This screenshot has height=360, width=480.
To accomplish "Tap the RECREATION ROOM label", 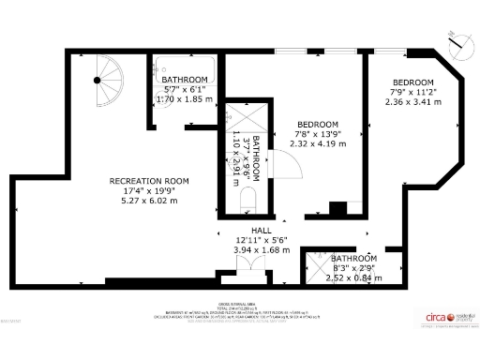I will coord(149,181).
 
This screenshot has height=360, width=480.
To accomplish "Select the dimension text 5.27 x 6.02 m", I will coord(149,200).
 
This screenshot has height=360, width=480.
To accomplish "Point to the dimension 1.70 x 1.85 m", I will coord(184,98).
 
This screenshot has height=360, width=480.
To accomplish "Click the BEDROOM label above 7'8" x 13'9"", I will coord(317,125).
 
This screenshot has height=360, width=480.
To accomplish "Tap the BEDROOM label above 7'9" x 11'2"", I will coord(412,82).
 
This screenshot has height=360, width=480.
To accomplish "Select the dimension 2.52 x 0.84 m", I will coord(353,277).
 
